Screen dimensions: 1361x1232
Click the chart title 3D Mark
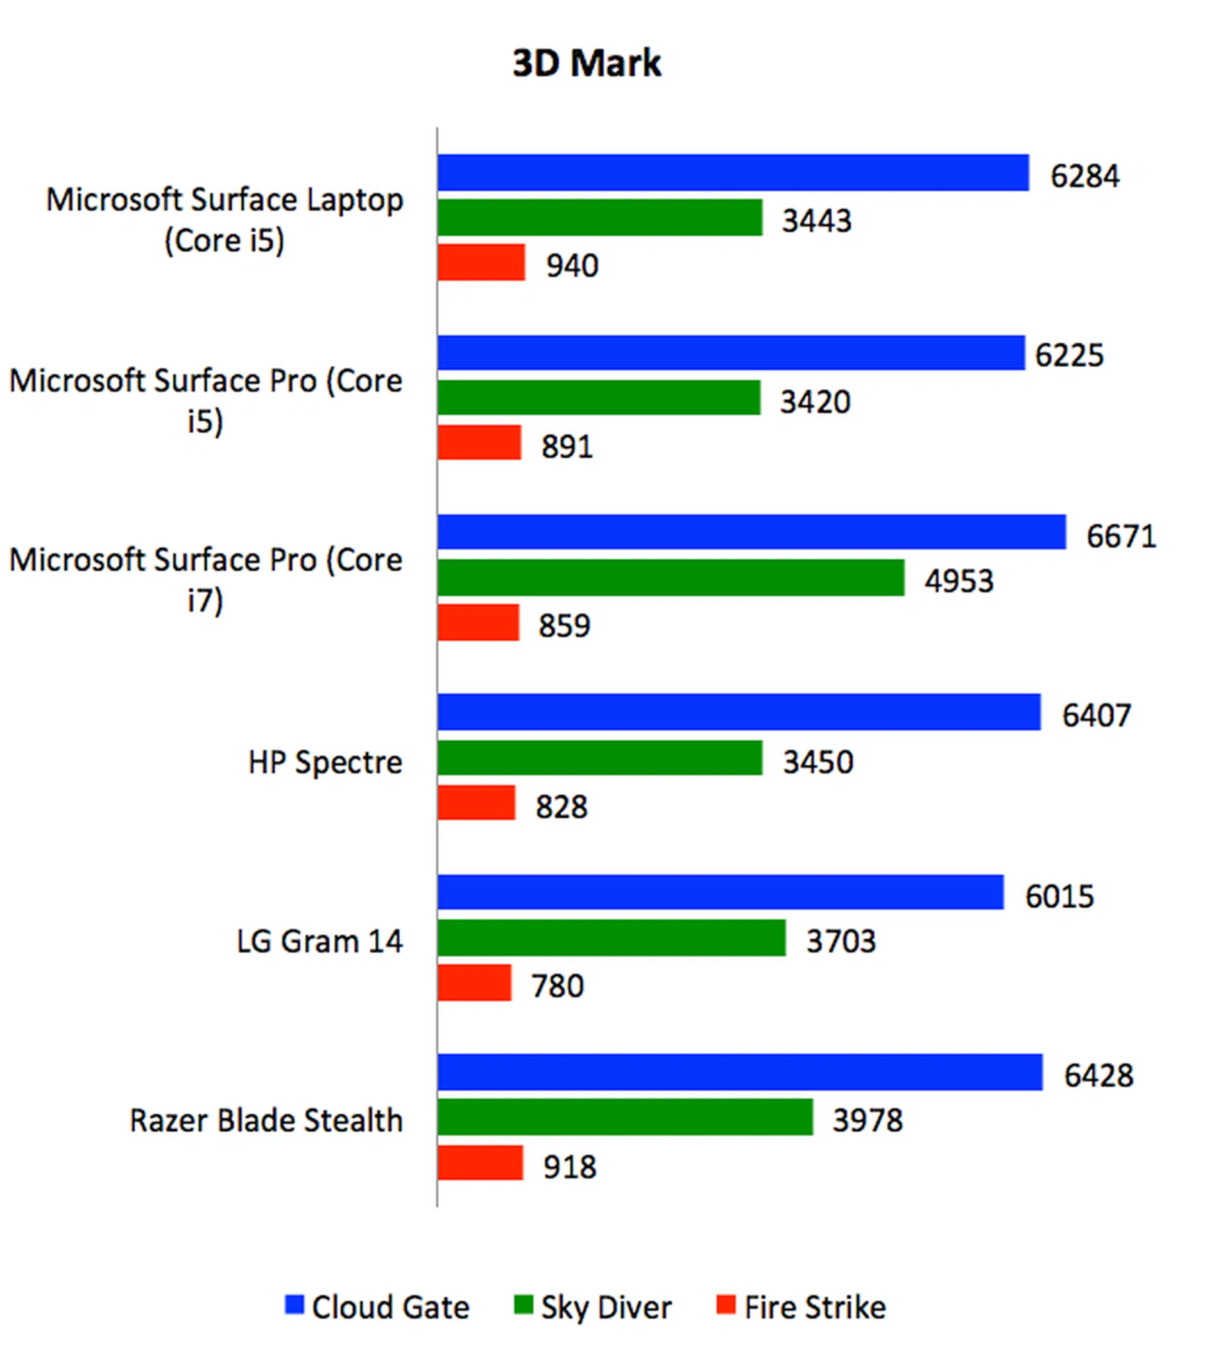click(586, 64)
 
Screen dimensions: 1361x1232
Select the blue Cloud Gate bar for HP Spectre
click(738, 711)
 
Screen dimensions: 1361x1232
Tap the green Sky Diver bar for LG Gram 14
click(611, 938)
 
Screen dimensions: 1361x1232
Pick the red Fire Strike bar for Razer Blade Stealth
click(480, 1163)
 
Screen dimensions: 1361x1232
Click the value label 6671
click(1121, 537)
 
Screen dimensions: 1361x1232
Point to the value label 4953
click(958, 581)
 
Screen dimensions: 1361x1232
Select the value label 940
click(572, 266)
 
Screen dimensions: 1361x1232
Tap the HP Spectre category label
click(325, 763)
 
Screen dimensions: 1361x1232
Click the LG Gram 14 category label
click(319, 941)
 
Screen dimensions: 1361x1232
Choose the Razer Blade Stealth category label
click(266, 1121)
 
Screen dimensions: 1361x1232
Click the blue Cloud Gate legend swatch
click(294, 1305)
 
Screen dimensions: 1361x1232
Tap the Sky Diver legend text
click(606, 1308)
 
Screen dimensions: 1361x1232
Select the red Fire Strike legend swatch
click(725, 1305)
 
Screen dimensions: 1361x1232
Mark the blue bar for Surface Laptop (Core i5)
click(733, 173)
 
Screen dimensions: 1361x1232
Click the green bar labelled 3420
click(599, 397)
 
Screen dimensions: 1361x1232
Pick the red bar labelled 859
click(477, 623)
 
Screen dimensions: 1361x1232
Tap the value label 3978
click(867, 1121)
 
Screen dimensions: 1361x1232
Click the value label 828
click(561, 808)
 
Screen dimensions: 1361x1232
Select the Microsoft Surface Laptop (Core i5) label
click(225, 220)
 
